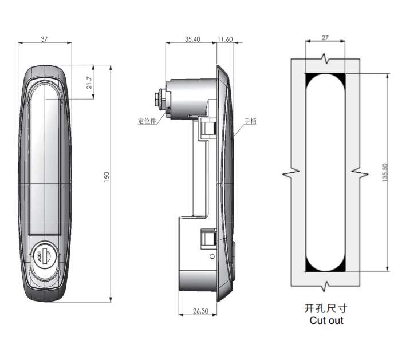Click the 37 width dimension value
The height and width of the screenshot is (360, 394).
(44, 39)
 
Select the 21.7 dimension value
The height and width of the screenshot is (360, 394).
(89, 82)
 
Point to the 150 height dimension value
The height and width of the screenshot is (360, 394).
(107, 177)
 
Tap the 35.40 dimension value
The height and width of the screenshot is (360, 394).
(192, 39)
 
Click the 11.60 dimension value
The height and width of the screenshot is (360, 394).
(225, 39)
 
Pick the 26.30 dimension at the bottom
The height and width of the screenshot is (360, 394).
(200, 311)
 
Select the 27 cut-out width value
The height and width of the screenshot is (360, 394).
(325, 38)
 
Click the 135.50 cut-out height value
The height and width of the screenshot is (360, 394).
(385, 172)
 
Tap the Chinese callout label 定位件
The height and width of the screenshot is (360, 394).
(147, 121)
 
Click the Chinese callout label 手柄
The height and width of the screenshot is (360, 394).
(250, 121)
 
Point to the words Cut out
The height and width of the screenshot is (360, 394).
(326, 321)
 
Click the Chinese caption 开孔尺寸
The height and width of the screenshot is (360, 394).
(326, 308)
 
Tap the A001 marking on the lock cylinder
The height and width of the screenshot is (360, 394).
(39, 256)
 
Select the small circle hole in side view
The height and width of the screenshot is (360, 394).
(212, 256)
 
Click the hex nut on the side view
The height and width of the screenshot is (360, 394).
(159, 100)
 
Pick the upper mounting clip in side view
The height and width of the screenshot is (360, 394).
(207, 128)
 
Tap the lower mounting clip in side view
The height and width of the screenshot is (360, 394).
(208, 238)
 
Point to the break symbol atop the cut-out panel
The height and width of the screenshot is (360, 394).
(325, 58)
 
